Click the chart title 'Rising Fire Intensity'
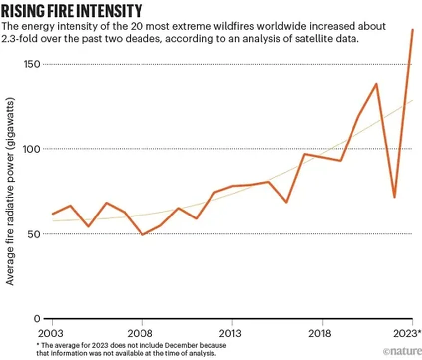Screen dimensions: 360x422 73,10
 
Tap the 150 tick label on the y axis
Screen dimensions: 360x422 32,64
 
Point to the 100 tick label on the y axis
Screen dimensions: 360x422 32,149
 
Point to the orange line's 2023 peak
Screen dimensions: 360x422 412,30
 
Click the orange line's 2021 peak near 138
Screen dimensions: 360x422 377,84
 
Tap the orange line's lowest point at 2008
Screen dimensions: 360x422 142,234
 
